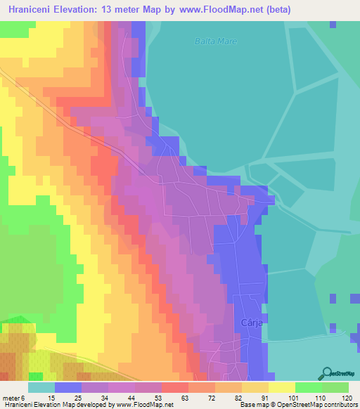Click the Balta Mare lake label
215,41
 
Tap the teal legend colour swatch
41,387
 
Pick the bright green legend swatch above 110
309,387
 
